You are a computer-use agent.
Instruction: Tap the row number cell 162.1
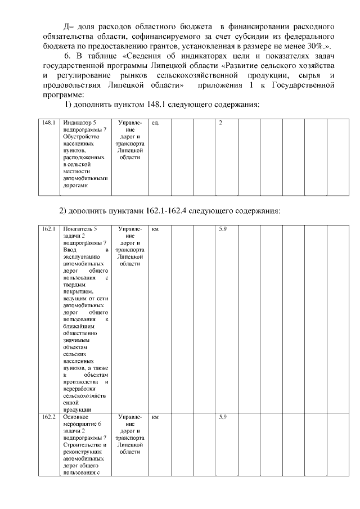49,229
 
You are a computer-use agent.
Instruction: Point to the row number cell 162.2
49,417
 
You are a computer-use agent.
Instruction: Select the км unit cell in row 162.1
155,229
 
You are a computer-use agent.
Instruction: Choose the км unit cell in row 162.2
155,417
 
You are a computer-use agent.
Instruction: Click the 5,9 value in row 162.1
222,229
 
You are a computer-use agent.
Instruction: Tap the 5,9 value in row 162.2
222,417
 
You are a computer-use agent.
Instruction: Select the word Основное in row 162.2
75,417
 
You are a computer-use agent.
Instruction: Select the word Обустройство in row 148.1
81,137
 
